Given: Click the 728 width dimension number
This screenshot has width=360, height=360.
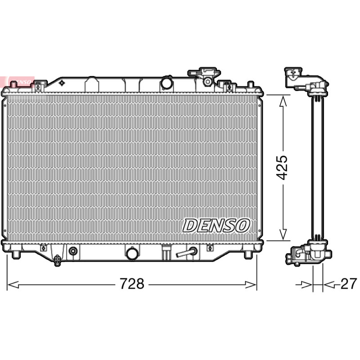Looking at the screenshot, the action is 132,284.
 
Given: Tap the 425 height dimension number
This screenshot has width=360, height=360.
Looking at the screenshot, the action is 282,167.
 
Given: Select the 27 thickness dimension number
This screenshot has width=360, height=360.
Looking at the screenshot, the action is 349,284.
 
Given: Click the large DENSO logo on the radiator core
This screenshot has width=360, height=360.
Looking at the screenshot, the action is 216,225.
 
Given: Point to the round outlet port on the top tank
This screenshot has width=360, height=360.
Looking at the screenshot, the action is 166,83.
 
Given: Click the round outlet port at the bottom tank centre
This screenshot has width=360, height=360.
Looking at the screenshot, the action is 132,253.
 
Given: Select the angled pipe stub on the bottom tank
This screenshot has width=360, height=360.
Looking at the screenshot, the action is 186,252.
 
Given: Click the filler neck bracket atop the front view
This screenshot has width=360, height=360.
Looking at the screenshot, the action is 204,76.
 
